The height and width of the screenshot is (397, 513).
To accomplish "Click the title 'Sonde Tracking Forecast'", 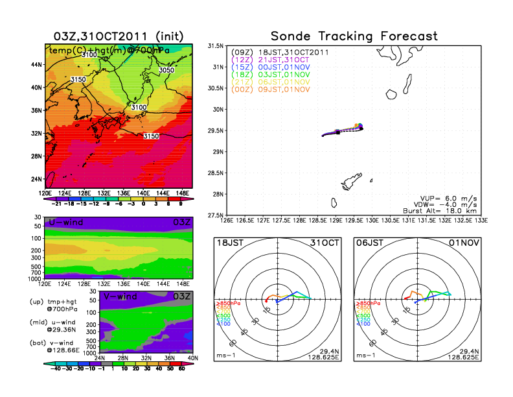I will tap(354, 36).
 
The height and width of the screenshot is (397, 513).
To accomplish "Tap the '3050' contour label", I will tap(166, 70).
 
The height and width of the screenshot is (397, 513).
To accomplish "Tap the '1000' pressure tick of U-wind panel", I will tap(34, 278).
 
